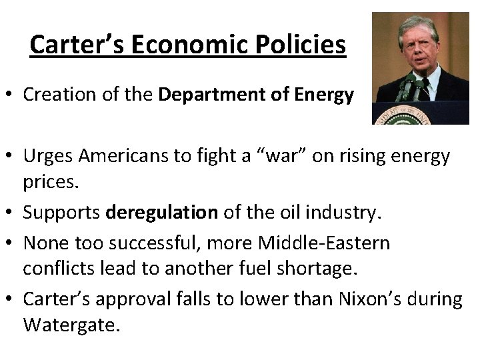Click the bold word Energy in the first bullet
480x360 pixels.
327,95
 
